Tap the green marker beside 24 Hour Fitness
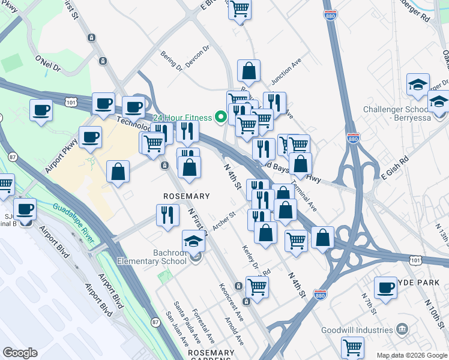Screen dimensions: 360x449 click(224, 118)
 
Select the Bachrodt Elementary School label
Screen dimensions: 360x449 click(152, 257)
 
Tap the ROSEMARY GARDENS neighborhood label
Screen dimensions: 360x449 click(211, 353)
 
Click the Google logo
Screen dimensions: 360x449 click(20, 353)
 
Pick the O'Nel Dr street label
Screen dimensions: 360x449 click(48, 64)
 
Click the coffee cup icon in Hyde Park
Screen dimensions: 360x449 click(385, 287)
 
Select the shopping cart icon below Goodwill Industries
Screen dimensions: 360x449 click(352, 347)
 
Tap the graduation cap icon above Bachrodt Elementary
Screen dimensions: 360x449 click(193, 242)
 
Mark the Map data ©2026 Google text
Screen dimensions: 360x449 click(412, 355)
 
